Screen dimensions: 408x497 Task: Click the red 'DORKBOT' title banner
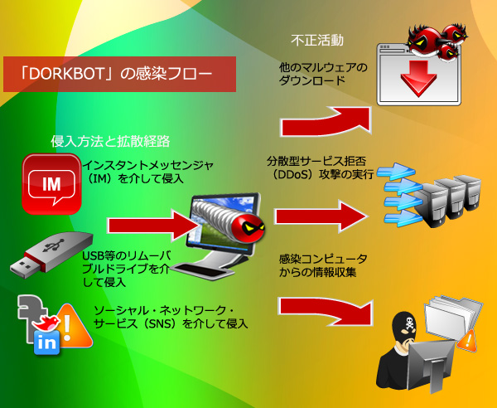pos(119,74)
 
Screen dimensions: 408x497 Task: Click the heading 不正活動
pos(318,40)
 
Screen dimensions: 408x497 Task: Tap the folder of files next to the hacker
pos(452,319)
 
